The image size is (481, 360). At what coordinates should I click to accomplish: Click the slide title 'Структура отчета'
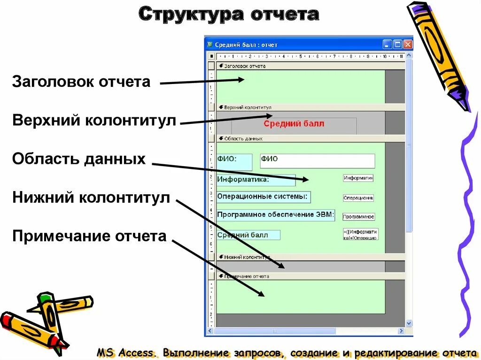point(229,14)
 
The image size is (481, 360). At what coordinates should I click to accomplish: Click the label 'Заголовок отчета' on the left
point(81,82)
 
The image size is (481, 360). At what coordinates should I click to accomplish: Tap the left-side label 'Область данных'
point(79,159)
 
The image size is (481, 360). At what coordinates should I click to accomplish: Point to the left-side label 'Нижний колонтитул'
point(91,198)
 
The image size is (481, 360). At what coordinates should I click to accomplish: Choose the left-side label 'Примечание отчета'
point(89,236)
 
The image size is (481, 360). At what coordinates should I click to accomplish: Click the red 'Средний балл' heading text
point(294,124)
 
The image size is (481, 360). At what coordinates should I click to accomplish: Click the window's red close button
point(407,45)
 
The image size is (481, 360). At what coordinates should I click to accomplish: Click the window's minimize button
point(387,45)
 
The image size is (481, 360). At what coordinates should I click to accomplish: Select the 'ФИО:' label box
point(234,161)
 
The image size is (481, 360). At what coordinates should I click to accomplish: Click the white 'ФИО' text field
point(318,161)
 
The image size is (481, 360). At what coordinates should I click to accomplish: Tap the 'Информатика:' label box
point(256,180)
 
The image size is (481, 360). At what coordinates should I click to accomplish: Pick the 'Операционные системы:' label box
point(264,197)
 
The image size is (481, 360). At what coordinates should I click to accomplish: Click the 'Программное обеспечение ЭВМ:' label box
point(276,215)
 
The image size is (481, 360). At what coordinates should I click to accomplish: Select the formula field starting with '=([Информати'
point(360,234)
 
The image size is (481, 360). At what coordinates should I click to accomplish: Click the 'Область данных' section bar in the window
point(310,138)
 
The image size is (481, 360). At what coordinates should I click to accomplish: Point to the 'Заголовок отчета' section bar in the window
point(310,66)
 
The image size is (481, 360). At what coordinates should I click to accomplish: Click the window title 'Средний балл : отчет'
point(246,45)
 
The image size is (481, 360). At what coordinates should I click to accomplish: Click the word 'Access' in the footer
point(137,352)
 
